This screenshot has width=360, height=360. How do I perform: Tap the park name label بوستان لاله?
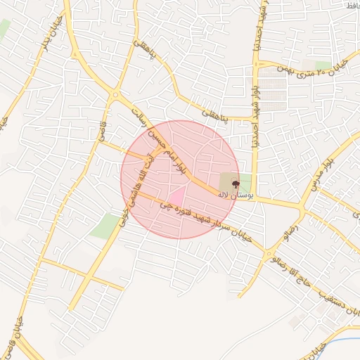tap(235, 194)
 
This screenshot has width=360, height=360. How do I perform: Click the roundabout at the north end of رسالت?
tap(115, 94)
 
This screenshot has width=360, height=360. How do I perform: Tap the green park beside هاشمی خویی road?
tap(105, 225)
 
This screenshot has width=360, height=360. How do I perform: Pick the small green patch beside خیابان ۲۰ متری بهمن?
tap(323, 65)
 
